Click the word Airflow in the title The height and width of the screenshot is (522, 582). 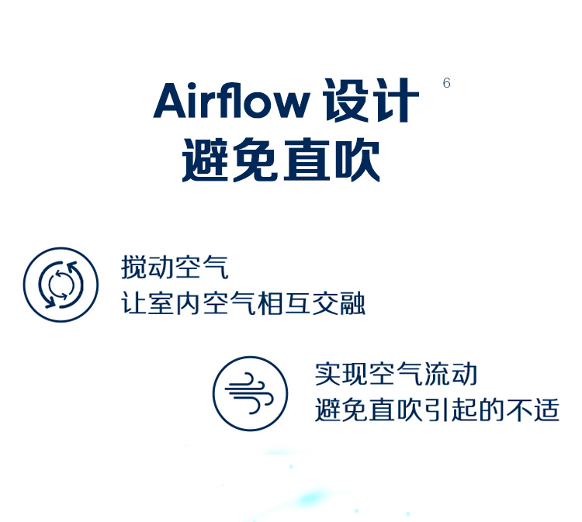pyautogui.click(x=231, y=100)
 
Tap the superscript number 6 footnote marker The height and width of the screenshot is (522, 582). pyautogui.click(x=446, y=83)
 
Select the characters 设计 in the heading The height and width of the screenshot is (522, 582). pyautogui.click(x=371, y=100)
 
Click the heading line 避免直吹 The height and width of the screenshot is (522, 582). pyautogui.click(x=281, y=160)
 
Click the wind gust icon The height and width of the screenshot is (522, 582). pyautogui.click(x=250, y=394)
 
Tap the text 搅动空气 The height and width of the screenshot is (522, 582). pyautogui.click(x=175, y=267)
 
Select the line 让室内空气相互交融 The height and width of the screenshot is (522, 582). pyautogui.click(x=244, y=303)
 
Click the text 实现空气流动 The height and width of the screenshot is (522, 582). pyautogui.click(x=396, y=374)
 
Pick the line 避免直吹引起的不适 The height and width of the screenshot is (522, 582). pyautogui.click(x=437, y=410)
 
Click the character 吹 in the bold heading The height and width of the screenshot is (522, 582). pyautogui.click(x=358, y=160)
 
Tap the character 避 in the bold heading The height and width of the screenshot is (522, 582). pyautogui.click(x=205, y=160)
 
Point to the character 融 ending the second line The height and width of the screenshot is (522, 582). pyautogui.click(x=352, y=303)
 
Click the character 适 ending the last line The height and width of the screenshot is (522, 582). pyautogui.click(x=546, y=410)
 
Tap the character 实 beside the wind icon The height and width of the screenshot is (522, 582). pyautogui.click(x=327, y=374)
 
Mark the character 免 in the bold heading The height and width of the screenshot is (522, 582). pyautogui.click(x=256, y=160)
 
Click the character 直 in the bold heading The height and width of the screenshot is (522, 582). pyautogui.click(x=307, y=160)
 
